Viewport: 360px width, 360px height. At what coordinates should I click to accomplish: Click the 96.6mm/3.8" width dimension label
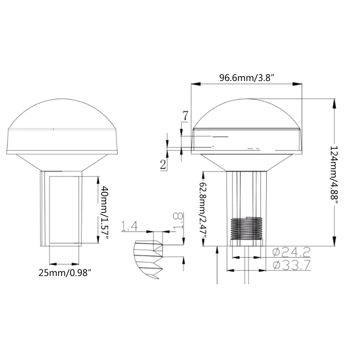coord(247,77)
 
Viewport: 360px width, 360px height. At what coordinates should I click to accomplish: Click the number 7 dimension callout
coord(185,116)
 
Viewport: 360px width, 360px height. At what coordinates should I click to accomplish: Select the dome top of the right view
coord(247,112)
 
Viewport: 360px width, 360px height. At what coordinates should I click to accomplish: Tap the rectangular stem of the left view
coord(63,209)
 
